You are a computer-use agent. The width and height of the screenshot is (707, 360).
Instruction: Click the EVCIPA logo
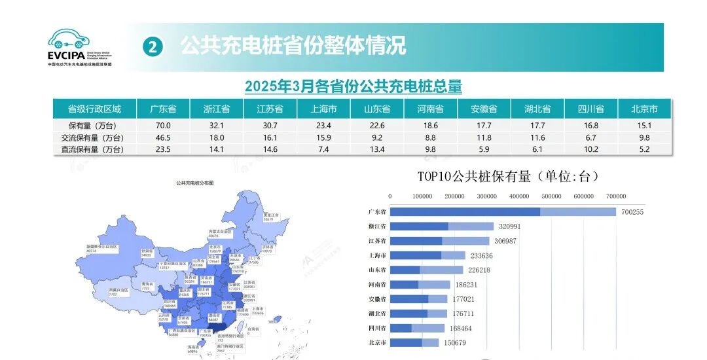pos(79,47)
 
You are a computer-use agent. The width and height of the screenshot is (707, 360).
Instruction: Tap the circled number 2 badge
pos(153,46)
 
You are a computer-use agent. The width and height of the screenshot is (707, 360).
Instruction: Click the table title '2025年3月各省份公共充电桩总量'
pos(353,86)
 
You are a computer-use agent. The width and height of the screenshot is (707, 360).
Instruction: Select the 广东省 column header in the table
pos(163,109)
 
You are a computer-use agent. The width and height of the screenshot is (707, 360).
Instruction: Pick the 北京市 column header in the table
pos(644,109)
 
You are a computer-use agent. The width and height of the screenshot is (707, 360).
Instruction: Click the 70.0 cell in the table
pos(163,125)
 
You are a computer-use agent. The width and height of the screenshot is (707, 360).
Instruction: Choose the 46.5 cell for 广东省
pos(163,137)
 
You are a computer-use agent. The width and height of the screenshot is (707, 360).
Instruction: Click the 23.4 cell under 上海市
pos(323,125)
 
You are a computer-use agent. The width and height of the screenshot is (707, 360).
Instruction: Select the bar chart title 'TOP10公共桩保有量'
pos(508,176)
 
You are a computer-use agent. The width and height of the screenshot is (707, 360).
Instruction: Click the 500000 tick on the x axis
pos(552,196)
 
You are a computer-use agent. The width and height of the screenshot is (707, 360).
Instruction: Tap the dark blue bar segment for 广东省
pos(465,212)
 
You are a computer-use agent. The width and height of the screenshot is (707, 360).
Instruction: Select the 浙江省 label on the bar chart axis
pos(378,226)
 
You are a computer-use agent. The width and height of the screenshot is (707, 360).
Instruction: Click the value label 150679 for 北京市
pos(457,343)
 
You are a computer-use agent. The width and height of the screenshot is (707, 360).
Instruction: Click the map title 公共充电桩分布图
pos(195,183)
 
